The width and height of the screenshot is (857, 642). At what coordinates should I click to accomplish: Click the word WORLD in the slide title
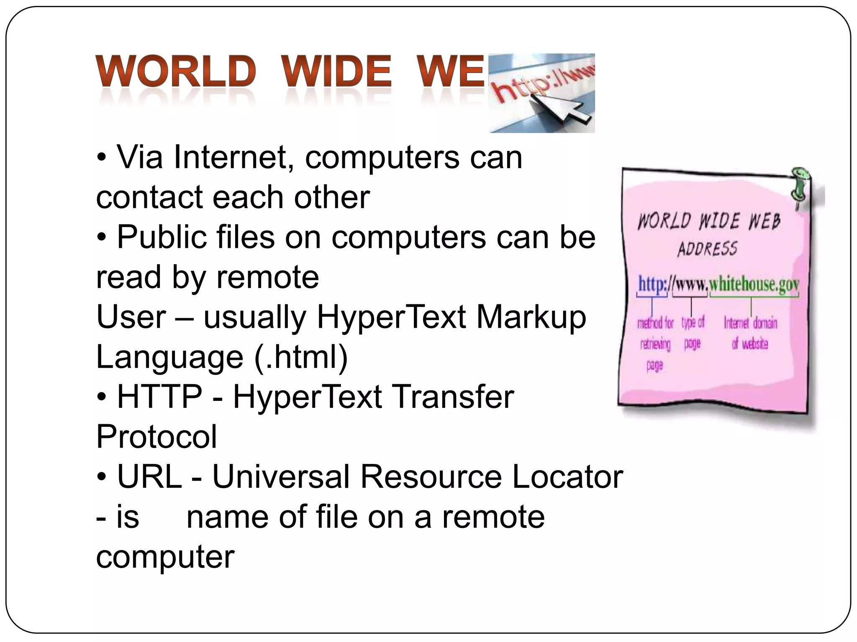(x=176, y=71)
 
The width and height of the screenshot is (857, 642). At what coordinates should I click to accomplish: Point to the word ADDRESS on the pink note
(x=707, y=249)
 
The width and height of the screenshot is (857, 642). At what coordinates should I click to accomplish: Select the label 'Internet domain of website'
(x=750, y=333)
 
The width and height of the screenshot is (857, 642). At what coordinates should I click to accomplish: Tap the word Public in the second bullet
(x=162, y=237)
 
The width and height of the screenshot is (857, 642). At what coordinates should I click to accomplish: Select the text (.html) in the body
(x=301, y=357)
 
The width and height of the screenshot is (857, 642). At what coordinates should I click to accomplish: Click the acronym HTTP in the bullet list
(x=159, y=397)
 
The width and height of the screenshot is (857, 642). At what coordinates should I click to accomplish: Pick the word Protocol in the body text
(x=157, y=437)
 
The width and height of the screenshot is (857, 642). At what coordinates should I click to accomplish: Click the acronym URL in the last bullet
(x=149, y=476)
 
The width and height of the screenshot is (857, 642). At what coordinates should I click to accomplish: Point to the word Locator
(x=567, y=476)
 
